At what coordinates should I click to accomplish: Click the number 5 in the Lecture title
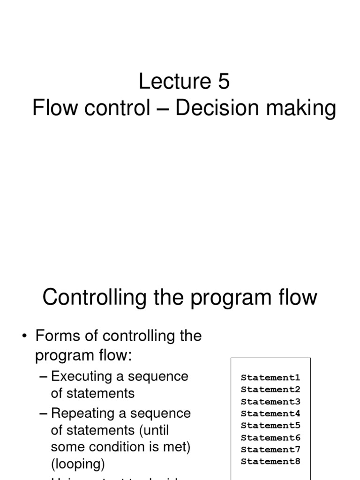point(223,82)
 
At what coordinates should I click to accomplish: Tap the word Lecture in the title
point(174,82)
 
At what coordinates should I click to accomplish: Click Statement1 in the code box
point(270,377)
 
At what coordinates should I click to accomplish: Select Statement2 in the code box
point(270,390)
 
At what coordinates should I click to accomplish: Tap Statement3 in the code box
point(270,402)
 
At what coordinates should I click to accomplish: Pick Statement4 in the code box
point(270,413)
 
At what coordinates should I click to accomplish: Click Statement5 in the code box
point(270,426)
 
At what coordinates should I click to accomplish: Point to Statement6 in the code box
point(270,438)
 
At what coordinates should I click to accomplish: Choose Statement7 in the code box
point(270,450)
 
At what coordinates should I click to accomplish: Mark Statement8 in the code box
point(270,462)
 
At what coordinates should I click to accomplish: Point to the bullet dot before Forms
point(24,337)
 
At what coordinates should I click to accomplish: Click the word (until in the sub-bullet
point(155,430)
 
